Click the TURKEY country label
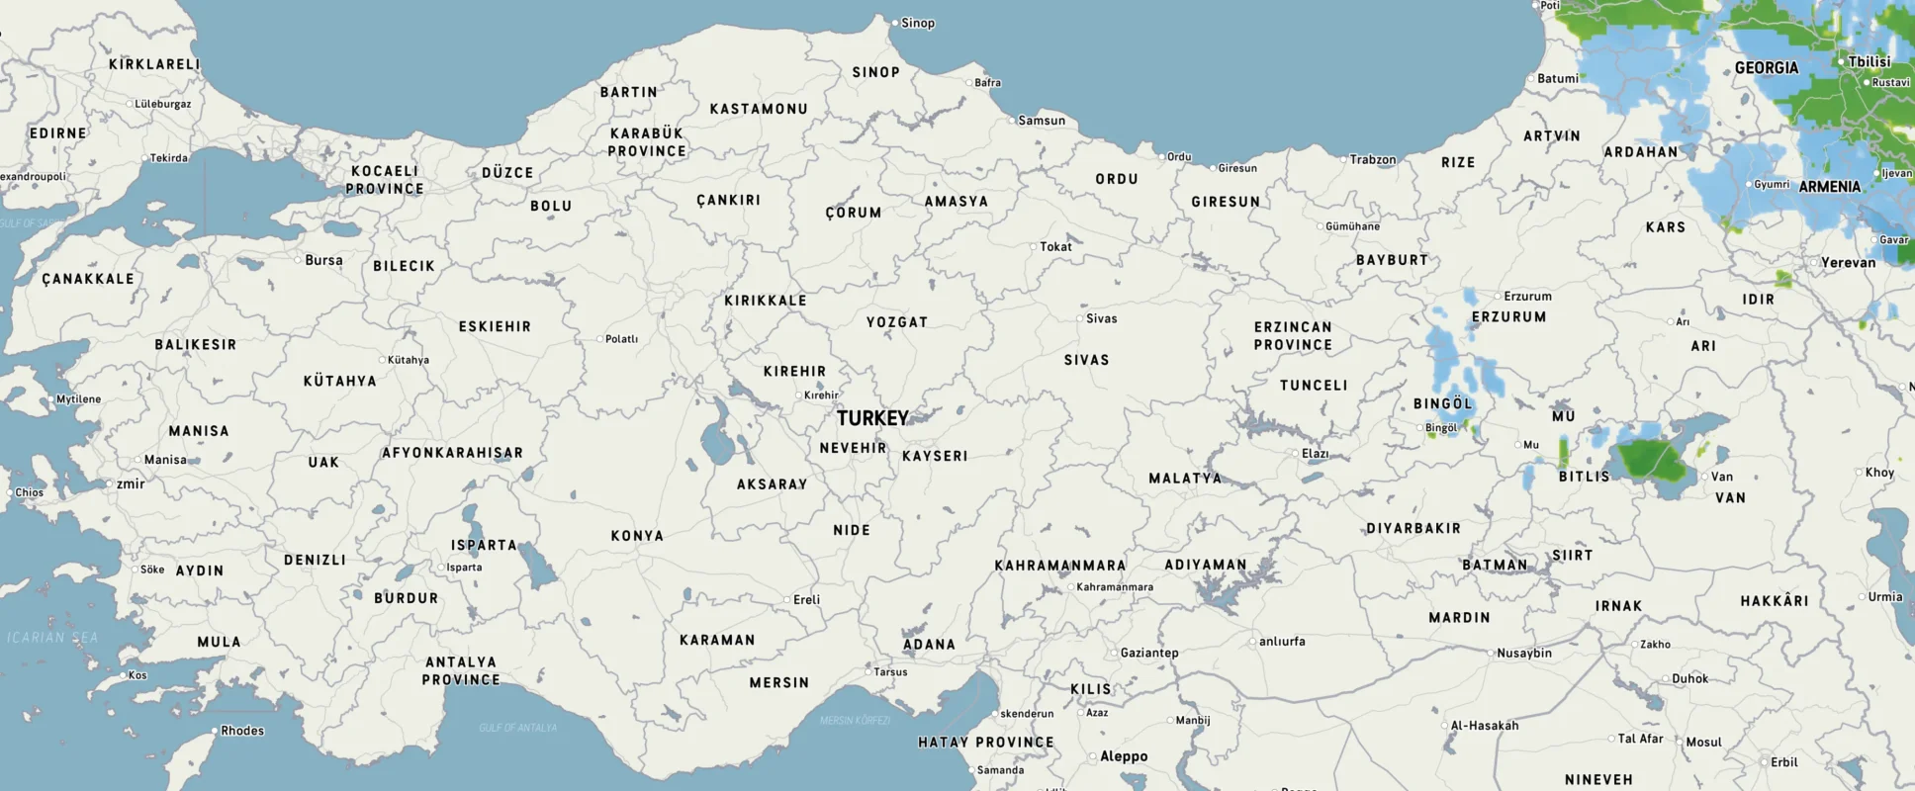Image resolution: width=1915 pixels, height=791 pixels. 872,418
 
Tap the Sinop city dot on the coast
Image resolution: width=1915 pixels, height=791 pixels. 895,23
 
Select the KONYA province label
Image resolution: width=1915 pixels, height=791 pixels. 637,536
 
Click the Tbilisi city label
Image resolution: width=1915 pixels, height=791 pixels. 1869,61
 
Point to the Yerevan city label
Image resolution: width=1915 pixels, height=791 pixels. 1848,263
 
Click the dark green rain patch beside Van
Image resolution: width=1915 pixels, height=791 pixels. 1652,461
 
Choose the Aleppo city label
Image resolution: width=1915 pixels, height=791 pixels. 1124,756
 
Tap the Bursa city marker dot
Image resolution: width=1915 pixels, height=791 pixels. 298,260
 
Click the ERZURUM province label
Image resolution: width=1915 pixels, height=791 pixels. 1508,317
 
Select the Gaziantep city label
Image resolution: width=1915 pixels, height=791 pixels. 1149,653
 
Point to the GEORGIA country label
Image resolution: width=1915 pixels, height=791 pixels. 1767,68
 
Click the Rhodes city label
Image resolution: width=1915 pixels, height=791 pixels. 242,731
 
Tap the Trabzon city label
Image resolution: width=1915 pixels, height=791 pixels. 1373,159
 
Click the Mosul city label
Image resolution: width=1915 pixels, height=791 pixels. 1703,742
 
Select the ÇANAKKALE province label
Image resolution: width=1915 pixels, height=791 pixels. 88,279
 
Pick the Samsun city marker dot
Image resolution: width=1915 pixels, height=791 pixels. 1012,121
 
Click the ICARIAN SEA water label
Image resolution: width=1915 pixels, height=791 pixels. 53,638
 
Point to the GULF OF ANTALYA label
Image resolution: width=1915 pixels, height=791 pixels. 517,728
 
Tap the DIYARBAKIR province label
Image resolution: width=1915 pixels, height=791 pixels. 1413,529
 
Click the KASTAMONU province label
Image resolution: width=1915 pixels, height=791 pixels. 759,109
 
